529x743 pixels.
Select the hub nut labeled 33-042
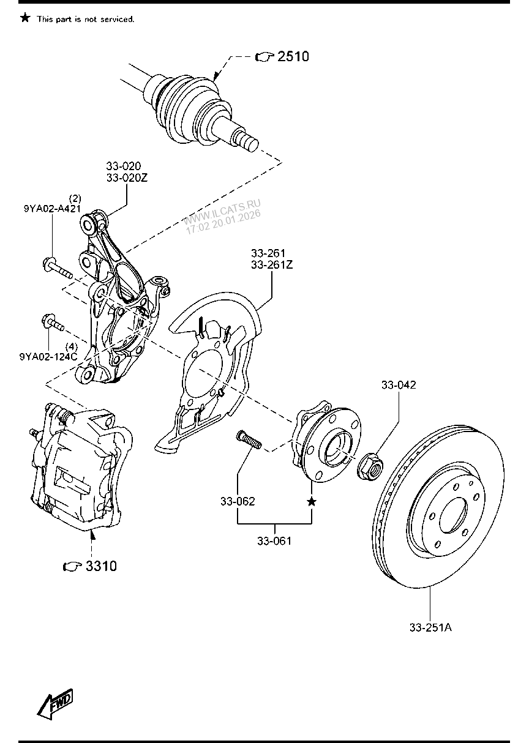371,468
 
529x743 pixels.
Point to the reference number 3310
100,566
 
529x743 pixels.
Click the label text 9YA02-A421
52,209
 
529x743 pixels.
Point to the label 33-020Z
127,178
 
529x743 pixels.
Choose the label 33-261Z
271,265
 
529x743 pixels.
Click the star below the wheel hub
312,502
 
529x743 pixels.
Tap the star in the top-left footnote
24,18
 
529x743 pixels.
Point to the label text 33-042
399,385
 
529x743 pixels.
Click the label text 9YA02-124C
48,356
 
